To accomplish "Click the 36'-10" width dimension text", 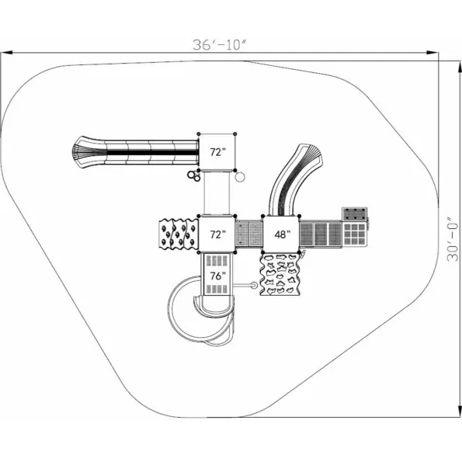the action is tap(220, 45).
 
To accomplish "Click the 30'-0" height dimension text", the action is tap(453, 240).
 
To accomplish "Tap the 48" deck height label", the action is tap(283, 234).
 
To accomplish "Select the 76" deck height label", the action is tap(217, 276).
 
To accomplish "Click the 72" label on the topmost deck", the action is tap(217, 152).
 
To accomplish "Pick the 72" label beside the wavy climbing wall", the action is tap(217, 234).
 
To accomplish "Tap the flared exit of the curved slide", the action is tap(309, 155).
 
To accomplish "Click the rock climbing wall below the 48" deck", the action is tap(280, 275).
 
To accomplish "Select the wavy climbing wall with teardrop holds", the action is tap(179, 234).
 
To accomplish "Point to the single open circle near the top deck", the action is tap(240, 177).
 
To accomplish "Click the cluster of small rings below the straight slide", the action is tap(194, 175).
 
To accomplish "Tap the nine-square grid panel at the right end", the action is tap(355, 234).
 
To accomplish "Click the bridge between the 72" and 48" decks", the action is tap(249, 234).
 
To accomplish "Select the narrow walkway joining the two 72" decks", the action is tap(217, 193).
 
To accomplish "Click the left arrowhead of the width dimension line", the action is tap(6, 53).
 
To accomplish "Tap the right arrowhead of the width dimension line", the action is tap(432, 53).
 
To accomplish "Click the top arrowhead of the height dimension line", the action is tap(460, 68).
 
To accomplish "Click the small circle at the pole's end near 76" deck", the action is tap(254, 285).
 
